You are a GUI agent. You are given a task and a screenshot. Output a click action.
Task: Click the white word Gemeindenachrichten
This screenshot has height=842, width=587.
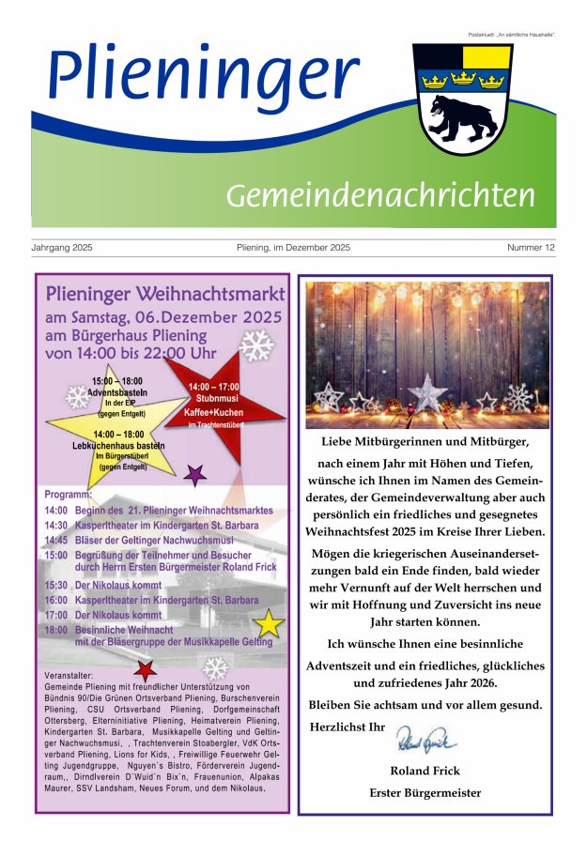[x=380, y=195]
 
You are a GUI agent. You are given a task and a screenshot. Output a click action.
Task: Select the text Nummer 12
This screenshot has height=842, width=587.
[x=531, y=248]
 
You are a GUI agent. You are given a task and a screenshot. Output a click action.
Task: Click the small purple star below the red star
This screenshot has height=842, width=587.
[x=195, y=474]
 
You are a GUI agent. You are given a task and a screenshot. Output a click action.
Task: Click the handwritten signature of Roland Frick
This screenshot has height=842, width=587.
[x=425, y=742]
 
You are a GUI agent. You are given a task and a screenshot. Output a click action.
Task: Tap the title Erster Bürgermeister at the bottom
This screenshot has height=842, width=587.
[x=425, y=793]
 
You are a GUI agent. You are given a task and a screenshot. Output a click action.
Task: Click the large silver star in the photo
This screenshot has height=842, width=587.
[x=428, y=391]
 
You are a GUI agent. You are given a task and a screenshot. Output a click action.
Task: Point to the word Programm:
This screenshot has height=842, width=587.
[x=69, y=494]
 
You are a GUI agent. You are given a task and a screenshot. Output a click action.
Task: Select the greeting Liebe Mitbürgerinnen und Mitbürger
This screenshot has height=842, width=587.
[x=425, y=441]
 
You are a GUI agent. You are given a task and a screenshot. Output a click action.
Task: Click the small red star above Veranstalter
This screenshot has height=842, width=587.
[x=145, y=670]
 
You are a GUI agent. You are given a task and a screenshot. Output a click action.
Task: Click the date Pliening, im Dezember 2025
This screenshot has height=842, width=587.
[x=293, y=248]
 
